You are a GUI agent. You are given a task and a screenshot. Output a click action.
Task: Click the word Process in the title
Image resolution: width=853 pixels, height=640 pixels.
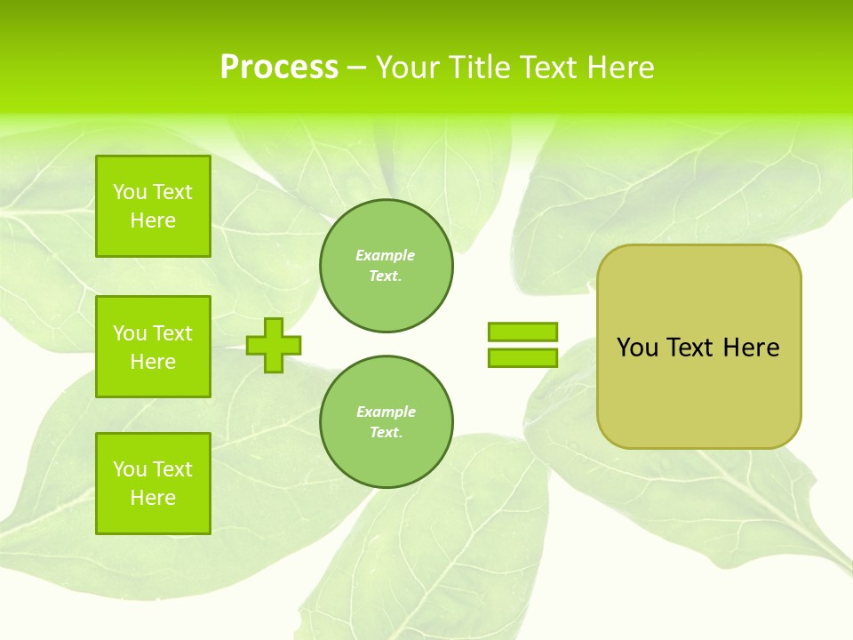click(279, 68)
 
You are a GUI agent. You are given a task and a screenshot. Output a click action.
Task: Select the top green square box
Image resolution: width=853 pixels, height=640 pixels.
click(153, 206)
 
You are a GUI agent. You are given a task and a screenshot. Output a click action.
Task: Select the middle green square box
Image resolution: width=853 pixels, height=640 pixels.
click(153, 347)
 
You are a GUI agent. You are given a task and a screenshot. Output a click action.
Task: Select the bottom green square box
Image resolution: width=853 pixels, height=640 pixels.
click(153, 484)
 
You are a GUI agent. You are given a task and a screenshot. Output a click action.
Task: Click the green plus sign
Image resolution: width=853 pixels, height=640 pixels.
click(274, 345)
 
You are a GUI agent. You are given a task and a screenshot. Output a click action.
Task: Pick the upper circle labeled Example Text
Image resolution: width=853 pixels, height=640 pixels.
click(386, 266)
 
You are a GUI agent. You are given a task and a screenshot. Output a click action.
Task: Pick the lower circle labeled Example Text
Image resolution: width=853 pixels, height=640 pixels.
click(386, 422)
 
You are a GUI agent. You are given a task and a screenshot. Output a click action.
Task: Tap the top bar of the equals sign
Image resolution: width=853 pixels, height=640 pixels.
click(522, 332)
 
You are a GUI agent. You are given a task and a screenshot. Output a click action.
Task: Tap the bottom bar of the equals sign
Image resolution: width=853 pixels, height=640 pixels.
click(522, 358)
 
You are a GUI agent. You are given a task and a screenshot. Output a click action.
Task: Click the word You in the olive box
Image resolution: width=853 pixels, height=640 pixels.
click(636, 348)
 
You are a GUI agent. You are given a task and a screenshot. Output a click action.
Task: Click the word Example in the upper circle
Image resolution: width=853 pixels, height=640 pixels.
click(386, 255)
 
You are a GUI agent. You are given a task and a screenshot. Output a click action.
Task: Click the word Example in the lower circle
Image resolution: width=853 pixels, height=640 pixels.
click(386, 412)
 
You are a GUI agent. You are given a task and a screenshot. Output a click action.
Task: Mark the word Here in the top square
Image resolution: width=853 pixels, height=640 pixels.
click(153, 220)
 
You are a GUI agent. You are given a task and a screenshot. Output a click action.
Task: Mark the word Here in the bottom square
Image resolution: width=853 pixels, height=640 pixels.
click(153, 498)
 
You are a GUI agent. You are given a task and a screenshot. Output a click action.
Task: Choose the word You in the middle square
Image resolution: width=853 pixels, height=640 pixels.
click(130, 333)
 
